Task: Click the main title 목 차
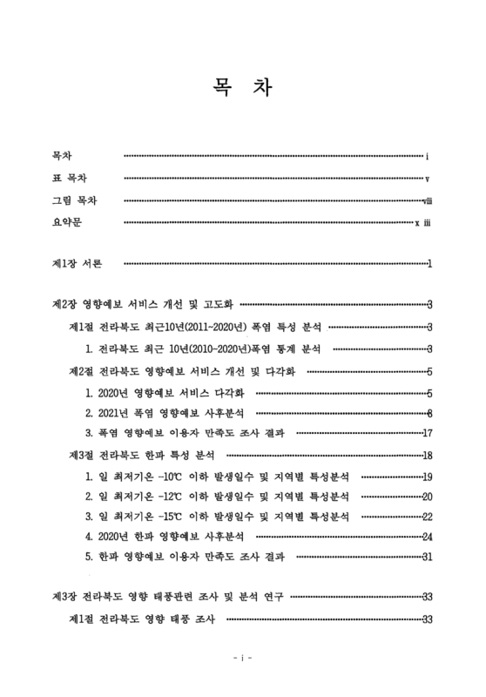point(242,89)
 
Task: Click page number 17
point(428,433)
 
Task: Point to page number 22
point(427,518)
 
